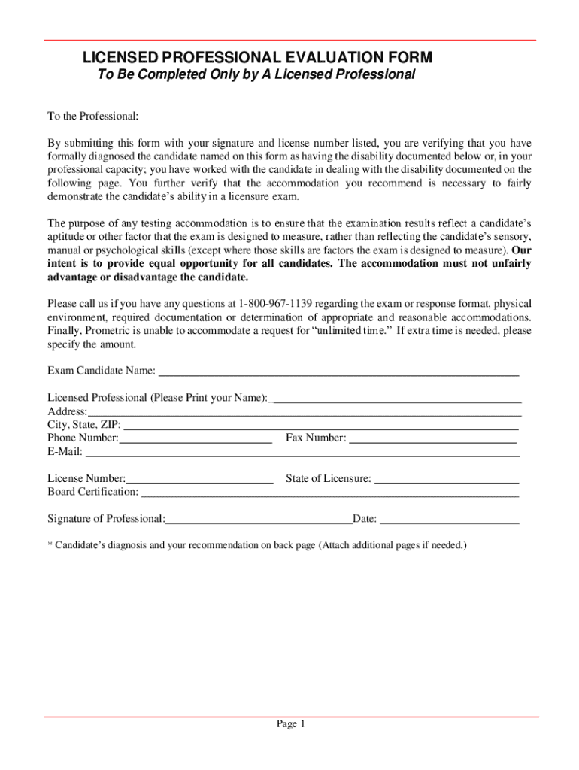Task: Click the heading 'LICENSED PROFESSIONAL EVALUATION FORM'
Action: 257,58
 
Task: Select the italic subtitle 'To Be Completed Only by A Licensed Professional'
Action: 256,75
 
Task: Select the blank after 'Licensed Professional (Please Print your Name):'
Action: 396,398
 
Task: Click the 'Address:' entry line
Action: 305,411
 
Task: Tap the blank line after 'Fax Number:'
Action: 433,438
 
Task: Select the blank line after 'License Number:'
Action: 200,479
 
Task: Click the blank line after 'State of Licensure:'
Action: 447,479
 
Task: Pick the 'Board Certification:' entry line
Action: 330,493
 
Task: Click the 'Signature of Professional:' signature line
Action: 259,520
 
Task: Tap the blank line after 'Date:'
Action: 450,520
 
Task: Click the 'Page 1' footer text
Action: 290,724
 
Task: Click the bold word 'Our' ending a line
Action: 521,250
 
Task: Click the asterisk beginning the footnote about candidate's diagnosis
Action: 50,545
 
